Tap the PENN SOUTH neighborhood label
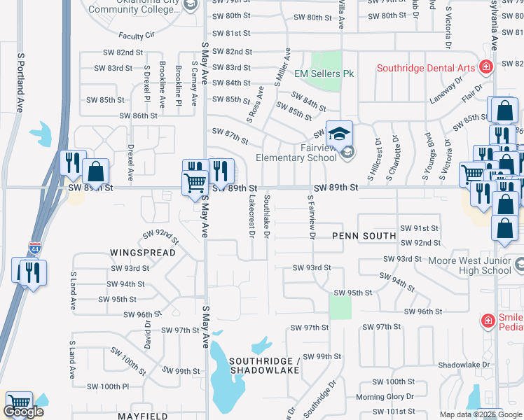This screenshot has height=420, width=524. (364, 236)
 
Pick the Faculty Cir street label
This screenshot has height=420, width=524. (137, 35)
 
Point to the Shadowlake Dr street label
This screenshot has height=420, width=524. (463, 365)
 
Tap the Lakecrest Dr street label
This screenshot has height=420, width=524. (251, 216)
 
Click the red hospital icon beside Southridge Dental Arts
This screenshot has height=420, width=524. (485, 67)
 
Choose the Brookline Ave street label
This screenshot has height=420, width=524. (163, 85)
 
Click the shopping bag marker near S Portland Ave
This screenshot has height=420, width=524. (96, 171)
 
